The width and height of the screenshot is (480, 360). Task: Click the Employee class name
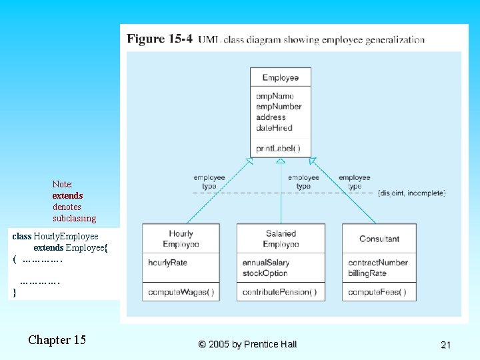[280, 78]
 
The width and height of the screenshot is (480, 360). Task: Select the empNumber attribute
[279, 107]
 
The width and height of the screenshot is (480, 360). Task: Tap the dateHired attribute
[274, 128]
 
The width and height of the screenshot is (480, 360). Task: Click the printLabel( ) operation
[278, 148]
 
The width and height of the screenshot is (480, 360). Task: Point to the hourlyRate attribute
[167, 263]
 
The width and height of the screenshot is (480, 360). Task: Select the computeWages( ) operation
[181, 292]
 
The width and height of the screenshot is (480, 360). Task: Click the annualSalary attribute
[265, 263]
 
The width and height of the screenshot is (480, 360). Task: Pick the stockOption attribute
[265, 273]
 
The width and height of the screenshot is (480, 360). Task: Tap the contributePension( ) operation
[279, 292]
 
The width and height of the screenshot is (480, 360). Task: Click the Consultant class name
[379, 239]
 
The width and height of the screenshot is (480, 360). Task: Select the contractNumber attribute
[378, 263]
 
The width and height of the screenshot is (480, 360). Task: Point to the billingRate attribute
[367, 273]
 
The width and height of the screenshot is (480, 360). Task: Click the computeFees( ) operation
[377, 292]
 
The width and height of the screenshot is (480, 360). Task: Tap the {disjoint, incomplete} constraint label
[411, 193]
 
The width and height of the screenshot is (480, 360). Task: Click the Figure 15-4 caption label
[160, 39]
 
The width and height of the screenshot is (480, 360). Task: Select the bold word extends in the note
[67, 195]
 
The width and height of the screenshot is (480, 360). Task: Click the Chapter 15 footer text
[57, 340]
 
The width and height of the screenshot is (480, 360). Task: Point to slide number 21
[446, 345]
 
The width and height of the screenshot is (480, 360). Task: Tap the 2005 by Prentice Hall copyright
[247, 344]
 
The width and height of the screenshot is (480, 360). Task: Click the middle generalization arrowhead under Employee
[281, 161]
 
